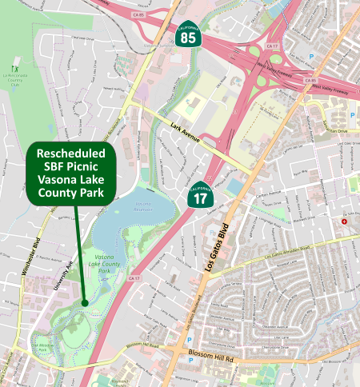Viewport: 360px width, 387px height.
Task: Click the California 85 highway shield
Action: click(x=187, y=34)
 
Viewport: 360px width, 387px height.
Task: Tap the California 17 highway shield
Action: click(x=202, y=196)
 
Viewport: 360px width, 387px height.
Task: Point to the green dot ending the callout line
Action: click(x=84, y=302)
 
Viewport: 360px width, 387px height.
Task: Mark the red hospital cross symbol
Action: click(x=344, y=221)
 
